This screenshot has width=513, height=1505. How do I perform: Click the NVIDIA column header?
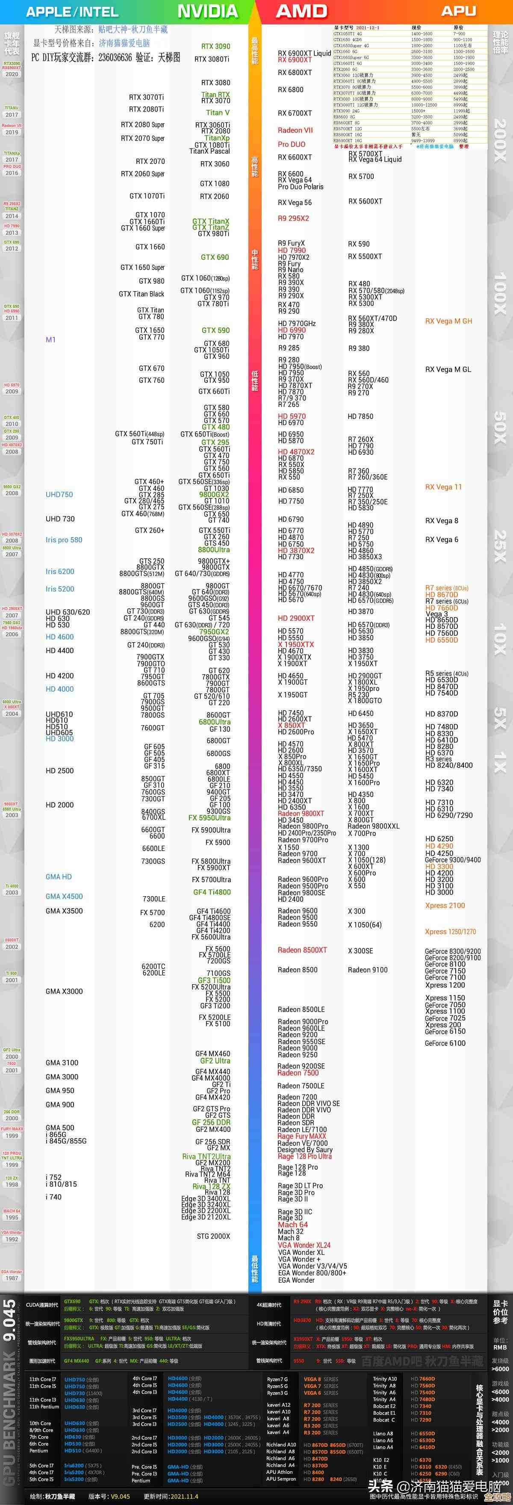(207, 11)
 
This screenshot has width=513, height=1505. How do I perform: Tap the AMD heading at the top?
(301, 11)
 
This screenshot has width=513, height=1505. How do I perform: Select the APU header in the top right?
(458, 11)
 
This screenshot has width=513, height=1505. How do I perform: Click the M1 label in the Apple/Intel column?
(51, 339)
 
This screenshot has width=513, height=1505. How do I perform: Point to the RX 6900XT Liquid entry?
(304, 53)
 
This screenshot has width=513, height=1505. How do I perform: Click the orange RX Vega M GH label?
(448, 321)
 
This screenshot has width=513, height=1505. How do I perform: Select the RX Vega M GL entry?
(448, 369)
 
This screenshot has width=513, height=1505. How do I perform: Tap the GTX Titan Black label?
(142, 294)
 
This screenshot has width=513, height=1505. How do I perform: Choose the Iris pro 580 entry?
(64, 540)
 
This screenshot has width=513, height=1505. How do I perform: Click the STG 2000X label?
(213, 1236)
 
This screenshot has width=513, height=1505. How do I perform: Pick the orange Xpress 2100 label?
(445, 906)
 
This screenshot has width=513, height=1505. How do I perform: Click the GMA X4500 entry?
(64, 896)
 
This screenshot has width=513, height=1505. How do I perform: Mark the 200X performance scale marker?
(500, 140)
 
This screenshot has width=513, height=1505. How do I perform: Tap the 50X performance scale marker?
(500, 427)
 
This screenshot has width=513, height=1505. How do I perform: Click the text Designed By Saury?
(304, 1150)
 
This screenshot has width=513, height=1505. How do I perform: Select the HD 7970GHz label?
(297, 324)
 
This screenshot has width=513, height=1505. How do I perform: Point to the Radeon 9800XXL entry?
(373, 826)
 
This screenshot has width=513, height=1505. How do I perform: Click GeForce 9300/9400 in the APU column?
(452, 860)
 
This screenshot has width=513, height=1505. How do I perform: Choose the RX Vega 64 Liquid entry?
(374, 159)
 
